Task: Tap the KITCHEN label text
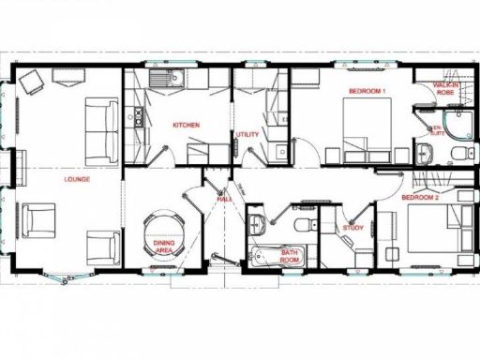[x=187, y=125]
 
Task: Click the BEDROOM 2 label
[x=420, y=199]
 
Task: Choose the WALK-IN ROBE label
[x=444, y=90]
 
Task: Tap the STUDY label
[x=352, y=227]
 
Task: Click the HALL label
[x=226, y=199]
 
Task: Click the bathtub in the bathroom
[x=274, y=257]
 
